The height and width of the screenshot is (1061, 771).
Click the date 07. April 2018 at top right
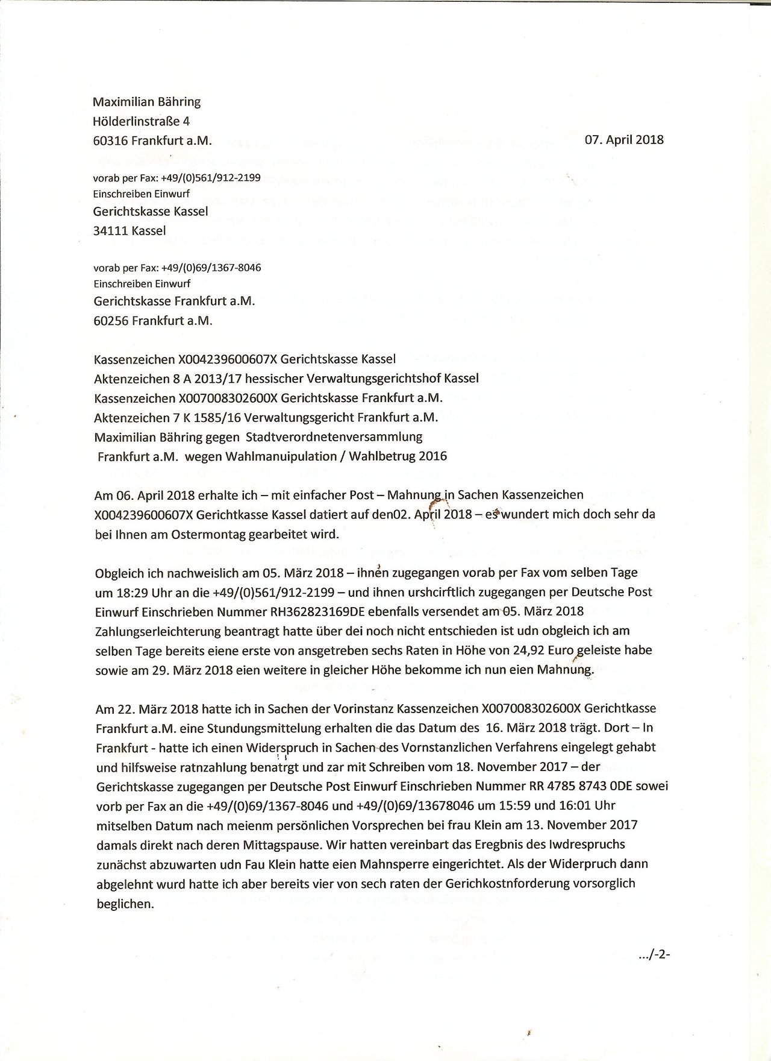click(624, 140)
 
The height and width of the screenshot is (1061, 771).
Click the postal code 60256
click(111, 321)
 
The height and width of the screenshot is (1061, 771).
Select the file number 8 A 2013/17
click(208, 379)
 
